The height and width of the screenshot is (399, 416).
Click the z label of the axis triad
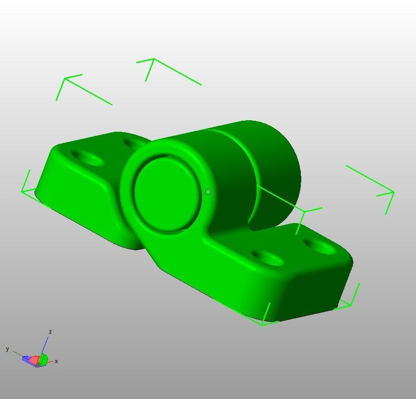point(50,332)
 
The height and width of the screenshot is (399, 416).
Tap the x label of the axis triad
point(56,361)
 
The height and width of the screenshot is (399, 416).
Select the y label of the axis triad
point(7,349)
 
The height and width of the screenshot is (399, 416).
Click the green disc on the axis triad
point(44,360)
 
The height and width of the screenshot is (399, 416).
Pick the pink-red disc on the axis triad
point(35,359)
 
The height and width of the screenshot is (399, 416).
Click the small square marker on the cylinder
point(208,192)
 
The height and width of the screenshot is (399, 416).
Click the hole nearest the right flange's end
point(321,246)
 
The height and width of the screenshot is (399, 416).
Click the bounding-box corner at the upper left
point(65,79)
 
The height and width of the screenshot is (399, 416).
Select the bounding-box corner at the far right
point(393,192)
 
